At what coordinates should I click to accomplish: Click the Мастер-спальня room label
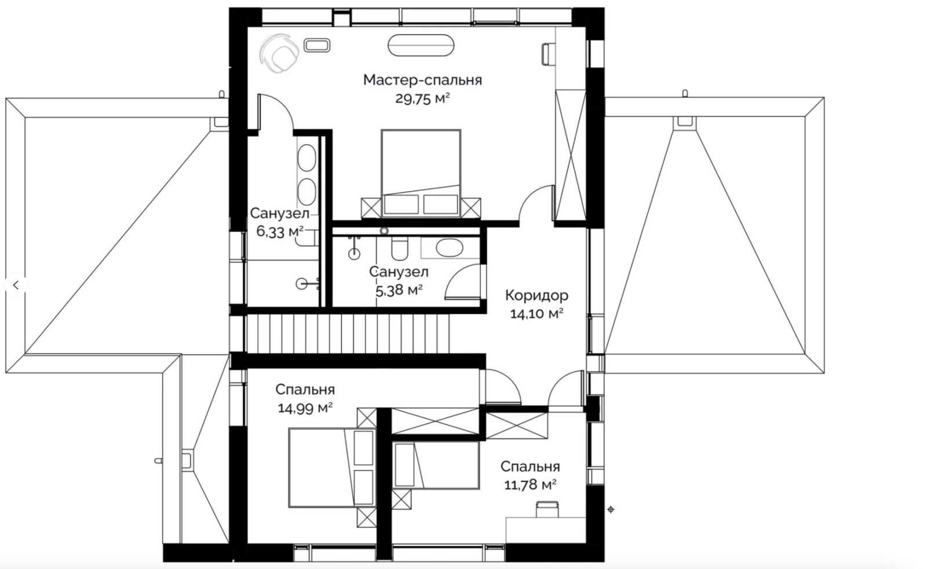(422, 81)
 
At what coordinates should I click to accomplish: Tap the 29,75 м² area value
(422, 99)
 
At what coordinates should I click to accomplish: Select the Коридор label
(537, 296)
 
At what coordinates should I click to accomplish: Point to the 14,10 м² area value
(537, 314)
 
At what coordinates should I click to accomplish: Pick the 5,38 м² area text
(399, 290)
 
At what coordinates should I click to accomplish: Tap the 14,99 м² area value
(305, 408)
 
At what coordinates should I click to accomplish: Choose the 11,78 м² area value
(530, 484)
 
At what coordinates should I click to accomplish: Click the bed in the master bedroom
(421, 173)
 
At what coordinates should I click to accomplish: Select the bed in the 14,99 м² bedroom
(333, 468)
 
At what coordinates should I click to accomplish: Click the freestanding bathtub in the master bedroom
(421, 45)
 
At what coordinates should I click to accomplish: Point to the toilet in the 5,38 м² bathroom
(399, 249)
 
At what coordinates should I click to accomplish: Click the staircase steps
(348, 334)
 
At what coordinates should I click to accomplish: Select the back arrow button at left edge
(16, 285)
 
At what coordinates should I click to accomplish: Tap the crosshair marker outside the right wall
(611, 509)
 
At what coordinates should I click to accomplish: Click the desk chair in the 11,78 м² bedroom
(547, 509)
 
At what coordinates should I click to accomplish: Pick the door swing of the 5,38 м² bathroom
(463, 282)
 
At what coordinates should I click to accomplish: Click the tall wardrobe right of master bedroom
(570, 155)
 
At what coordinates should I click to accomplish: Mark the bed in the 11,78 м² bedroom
(436, 465)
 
